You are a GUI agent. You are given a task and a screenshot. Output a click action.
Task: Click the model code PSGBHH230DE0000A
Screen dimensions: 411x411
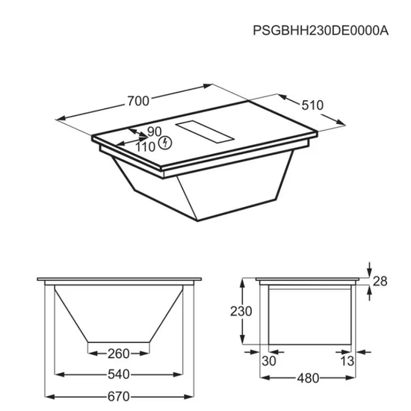(321, 31)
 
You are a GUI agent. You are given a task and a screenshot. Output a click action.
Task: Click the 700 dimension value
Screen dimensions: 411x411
(138, 101)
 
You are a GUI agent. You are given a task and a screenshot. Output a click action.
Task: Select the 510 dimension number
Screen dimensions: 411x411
(312, 105)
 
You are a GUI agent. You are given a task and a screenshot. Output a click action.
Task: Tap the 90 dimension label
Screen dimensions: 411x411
(155, 132)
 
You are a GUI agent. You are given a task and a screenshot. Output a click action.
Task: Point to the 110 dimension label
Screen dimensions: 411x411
(146, 147)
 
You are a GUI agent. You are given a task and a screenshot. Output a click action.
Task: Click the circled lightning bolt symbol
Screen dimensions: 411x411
(166, 143)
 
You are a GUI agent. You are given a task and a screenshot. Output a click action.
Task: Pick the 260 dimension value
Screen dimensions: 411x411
(119, 354)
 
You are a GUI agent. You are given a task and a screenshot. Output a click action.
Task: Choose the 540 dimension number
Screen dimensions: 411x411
(119, 374)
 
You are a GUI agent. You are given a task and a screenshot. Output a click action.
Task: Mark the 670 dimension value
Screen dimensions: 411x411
(119, 397)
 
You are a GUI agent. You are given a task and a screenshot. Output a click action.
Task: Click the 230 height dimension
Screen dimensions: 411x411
(241, 312)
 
